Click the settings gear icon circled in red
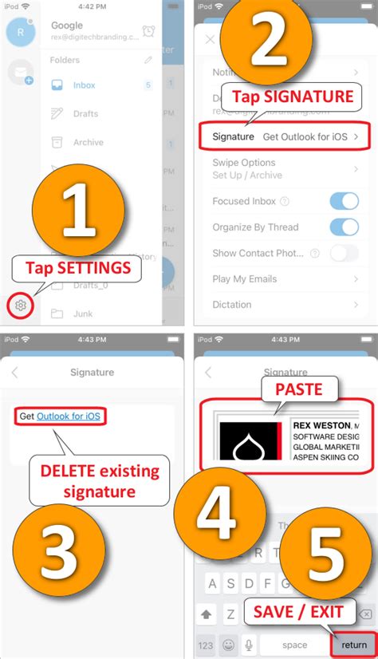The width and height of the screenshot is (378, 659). click(x=21, y=306)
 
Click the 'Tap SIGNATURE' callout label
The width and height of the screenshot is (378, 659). click(x=292, y=97)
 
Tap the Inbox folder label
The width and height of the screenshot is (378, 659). click(x=84, y=85)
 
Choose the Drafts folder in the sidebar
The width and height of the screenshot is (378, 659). click(x=86, y=113)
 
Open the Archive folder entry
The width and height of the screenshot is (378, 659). click(x=88, y=142)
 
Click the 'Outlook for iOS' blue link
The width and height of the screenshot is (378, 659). click(x=72, y=416)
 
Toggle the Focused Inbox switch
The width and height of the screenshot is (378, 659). click(x=344, y=201)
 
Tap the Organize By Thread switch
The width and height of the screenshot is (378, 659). click(x=344, y=227)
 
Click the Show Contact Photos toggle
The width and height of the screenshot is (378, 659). click(x=344, y=253)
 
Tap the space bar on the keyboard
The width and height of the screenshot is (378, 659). click(x=294, y=645)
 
